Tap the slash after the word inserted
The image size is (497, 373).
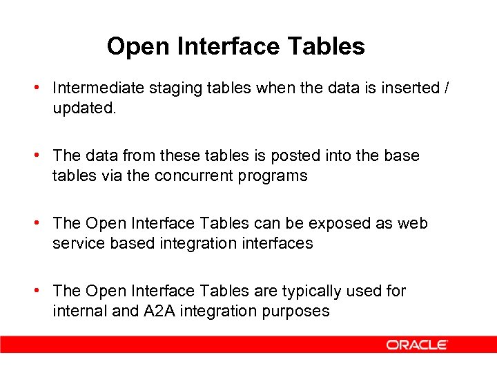click(x=447, y=88)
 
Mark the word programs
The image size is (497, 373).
click(x=275, y=176)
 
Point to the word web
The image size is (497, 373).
click(x=413, y=224)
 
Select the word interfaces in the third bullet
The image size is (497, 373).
click(x=278, y=244)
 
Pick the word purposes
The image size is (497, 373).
click(x=295, y=312)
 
